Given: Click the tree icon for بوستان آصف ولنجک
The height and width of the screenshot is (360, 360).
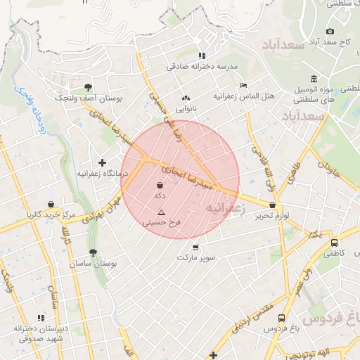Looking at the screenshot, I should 88,87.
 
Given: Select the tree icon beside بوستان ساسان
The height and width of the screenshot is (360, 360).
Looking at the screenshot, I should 93,252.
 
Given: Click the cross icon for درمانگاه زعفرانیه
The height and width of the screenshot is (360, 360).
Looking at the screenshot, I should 103,162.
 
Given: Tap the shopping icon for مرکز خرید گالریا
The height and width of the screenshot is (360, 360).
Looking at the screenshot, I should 51,205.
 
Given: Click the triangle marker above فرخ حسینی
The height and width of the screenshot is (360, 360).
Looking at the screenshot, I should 162,212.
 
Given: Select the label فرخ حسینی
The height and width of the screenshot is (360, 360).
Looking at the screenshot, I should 162,222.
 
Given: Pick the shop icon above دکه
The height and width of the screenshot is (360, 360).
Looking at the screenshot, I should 160,186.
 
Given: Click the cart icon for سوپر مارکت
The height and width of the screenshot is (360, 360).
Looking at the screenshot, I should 195,247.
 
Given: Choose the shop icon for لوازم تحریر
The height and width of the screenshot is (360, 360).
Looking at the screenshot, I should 272,205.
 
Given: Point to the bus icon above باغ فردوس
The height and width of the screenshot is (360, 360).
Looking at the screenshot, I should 281,318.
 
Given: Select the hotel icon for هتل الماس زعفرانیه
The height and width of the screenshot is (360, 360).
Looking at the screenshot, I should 243,85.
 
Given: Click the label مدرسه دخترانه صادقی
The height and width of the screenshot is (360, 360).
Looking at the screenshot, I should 203,66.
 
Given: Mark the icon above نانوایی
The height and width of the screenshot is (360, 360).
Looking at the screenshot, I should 186,98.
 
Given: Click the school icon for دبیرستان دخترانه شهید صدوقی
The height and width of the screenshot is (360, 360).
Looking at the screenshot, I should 41,318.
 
